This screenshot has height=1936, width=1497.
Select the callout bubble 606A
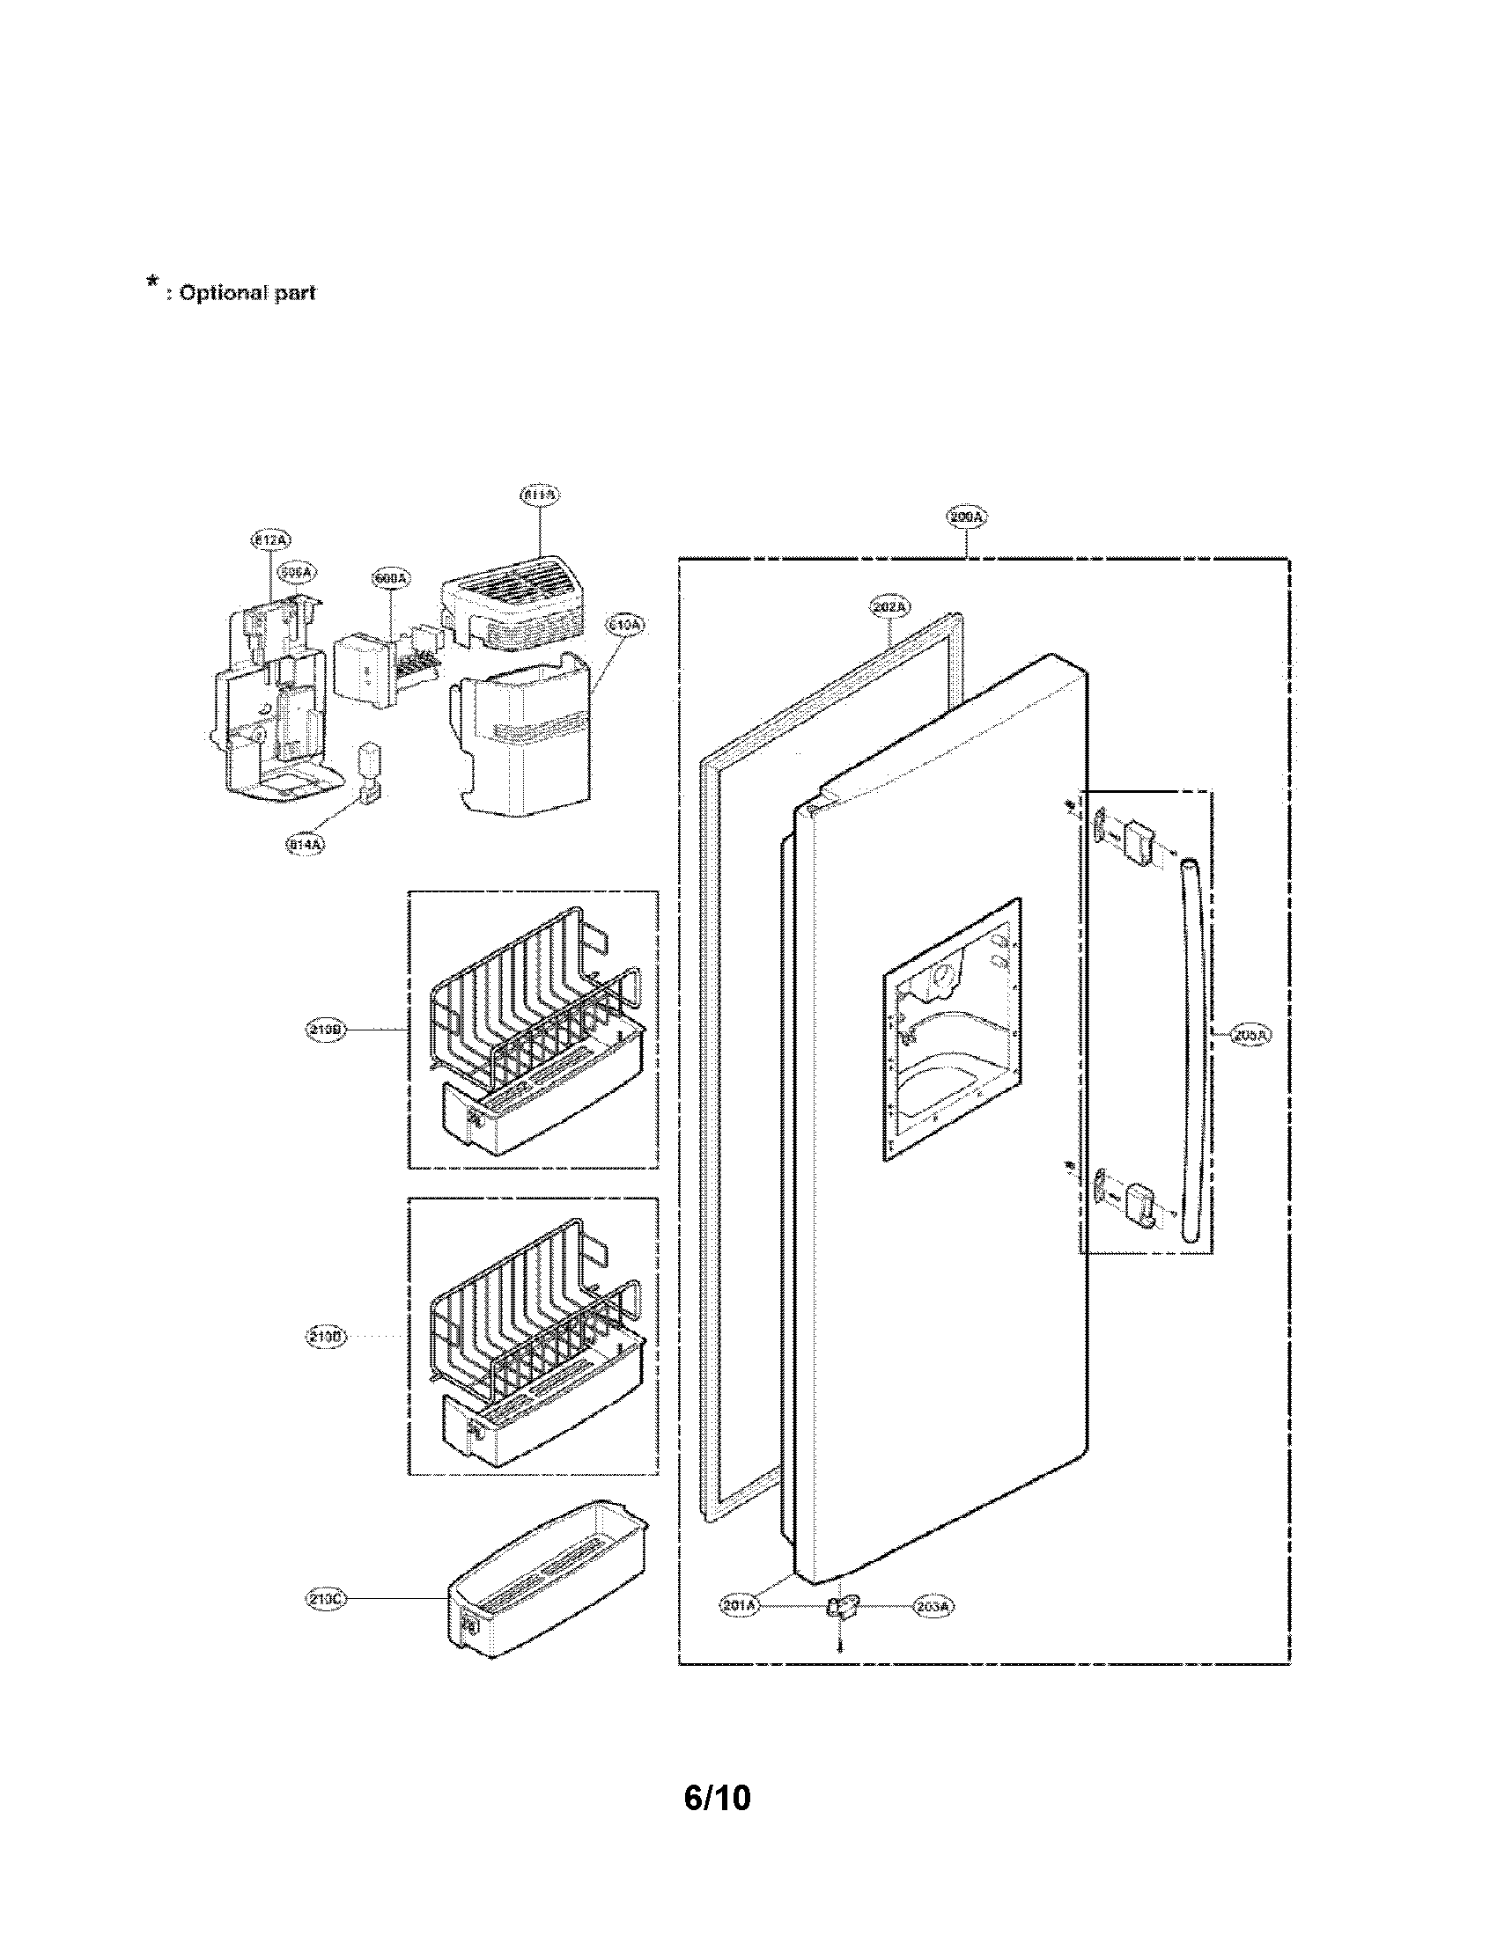coord(296,573)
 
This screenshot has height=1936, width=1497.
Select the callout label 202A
coord(889,607)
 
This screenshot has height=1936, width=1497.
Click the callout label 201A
coord(740,1605)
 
